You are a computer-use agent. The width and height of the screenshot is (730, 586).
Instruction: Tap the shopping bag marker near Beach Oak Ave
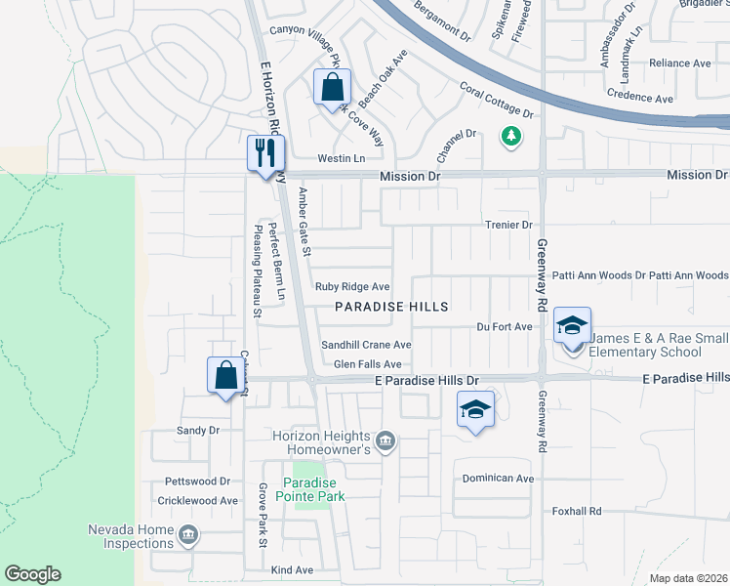332,86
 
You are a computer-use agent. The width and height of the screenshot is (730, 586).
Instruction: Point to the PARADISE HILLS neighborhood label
391,307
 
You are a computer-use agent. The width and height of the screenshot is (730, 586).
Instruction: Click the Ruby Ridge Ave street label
352,287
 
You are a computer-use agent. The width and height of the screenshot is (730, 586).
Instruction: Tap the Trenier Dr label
507,225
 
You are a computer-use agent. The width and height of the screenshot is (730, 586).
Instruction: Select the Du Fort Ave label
504,326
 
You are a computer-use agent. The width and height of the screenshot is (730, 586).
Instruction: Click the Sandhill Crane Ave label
367,345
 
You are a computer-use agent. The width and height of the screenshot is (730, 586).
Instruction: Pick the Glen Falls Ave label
368,364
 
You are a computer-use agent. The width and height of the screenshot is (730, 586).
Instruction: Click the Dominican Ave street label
498,479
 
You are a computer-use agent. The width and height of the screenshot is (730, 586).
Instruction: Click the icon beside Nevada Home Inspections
188,535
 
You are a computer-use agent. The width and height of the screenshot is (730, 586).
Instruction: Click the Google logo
32,574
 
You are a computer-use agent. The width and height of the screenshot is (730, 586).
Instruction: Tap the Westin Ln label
341,158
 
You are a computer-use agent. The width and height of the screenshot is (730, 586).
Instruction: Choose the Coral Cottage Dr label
498,101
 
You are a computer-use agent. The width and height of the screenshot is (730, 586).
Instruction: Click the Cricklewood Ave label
197,500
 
